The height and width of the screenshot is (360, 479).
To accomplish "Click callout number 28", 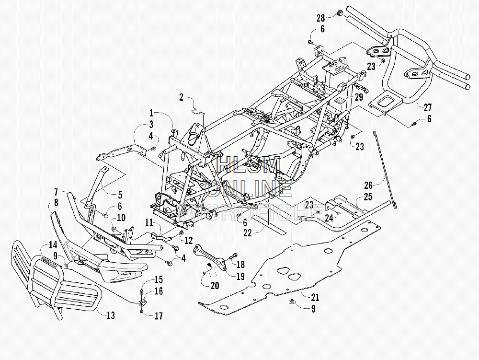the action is (x=320, y=18).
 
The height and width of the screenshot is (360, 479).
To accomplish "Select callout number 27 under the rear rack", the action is (x=427, y=107).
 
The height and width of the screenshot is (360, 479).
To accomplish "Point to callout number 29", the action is (x=359, y=97).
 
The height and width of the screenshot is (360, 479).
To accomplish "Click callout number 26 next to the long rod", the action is (x=368, y=185).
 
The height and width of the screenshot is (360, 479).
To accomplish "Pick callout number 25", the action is (x=368, y=197).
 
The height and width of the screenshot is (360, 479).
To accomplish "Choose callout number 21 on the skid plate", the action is (x=315, y=297).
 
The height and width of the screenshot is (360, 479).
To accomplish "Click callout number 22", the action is (x=247, y=233).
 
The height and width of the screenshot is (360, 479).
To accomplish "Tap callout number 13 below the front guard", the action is (x=111, y=315).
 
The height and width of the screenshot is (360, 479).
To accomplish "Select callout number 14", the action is (x=53, y=245).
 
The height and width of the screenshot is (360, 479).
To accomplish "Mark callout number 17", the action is (x=159, y=316).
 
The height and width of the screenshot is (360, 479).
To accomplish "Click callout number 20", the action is (x=215, y=285).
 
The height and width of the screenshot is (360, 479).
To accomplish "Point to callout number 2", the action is (x=181, y=97).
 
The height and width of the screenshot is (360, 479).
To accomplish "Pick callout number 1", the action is (x=151, y=113).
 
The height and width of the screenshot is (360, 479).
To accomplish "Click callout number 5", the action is (x=120, y=195).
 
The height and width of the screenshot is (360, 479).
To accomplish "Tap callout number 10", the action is (x=121, y=218).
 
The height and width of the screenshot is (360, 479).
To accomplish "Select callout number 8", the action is (x=56, y=202).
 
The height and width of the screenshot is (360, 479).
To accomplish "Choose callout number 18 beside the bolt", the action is (x=240, y=264).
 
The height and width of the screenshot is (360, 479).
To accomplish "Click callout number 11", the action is (x=149, y=222).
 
